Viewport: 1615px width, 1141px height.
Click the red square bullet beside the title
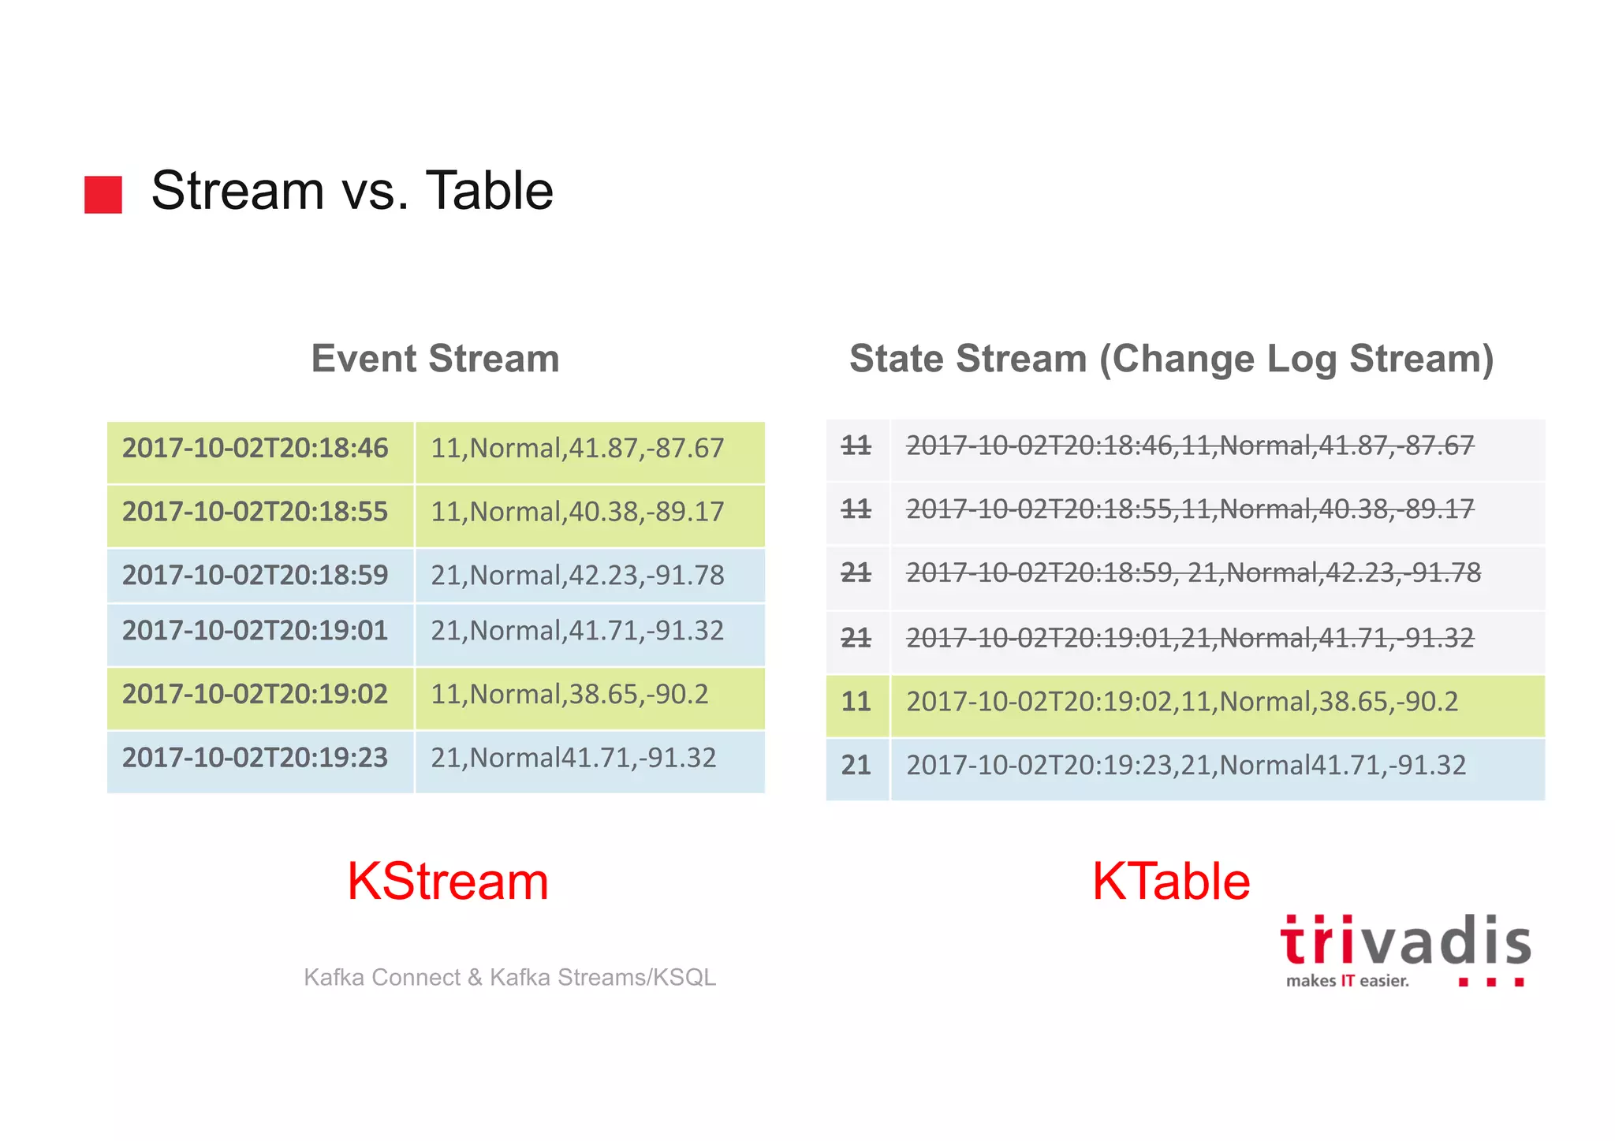click(103, 194)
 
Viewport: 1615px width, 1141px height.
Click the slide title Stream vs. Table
click(352, 191)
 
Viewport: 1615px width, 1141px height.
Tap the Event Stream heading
click(435, 359)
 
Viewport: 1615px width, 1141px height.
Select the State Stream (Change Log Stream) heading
click(1171, 359)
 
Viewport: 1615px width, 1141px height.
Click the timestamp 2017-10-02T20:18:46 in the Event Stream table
click(255, 449)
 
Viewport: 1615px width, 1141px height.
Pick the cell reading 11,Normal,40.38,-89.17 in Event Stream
click(576, 512)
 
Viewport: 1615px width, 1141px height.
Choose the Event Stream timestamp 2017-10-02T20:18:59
click(255, 576)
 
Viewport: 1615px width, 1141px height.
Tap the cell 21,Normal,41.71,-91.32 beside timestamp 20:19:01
click(576, 631)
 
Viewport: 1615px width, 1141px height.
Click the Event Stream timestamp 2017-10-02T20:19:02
click(255, 695)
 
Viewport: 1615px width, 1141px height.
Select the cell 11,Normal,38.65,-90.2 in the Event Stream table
click(569, 695)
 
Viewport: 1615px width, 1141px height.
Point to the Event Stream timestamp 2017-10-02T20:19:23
click(255, 759)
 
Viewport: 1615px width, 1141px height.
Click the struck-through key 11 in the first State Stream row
click(856, 446)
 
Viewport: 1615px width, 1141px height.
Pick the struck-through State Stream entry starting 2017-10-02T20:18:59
click(1193, 573)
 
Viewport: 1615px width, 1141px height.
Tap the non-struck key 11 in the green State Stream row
click(856, 702)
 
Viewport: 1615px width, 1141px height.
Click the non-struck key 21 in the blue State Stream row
click(856, 766)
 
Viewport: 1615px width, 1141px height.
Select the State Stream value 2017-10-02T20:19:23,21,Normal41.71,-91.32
click(1185, 766)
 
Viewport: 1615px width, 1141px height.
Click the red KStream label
click(447, 882)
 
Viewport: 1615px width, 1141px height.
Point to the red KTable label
click(1171, 882)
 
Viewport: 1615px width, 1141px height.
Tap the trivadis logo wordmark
click(1405, 943)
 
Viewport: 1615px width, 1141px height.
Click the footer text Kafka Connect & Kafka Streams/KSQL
click(509, 978)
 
